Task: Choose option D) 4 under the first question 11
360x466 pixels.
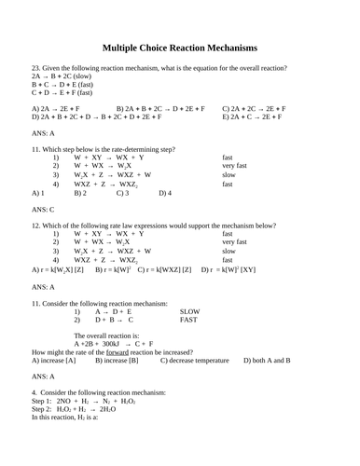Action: pyautogui.click(x=165, y=193)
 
